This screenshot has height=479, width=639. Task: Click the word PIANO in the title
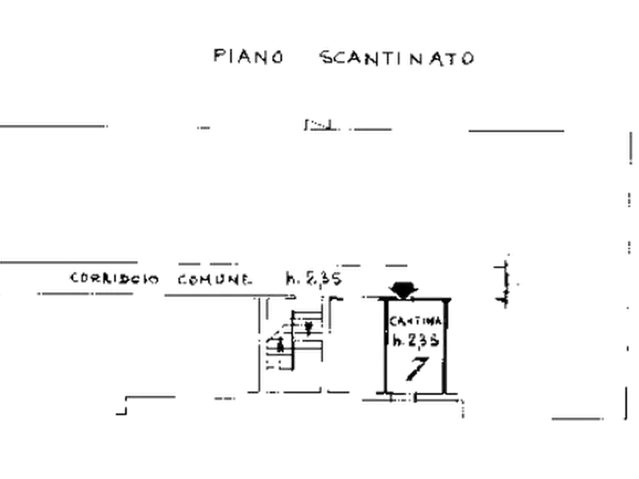[x=249, y=56]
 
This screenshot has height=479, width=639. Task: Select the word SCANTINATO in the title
[x=396, y=57]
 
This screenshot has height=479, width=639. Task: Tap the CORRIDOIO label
[x=114, y=278]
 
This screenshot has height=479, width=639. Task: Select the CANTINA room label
[x=419, y=322]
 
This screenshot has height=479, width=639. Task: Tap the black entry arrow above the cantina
[x=403, y=289]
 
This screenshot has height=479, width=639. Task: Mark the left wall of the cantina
[x=385, y=343]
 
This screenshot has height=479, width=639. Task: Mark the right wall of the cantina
[x=450, y=343]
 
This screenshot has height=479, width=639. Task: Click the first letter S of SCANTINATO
[x=325, y=57]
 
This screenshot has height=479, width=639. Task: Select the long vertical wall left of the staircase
[x=256, y=343]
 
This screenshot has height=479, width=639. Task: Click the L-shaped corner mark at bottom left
[x=122, y=408]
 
